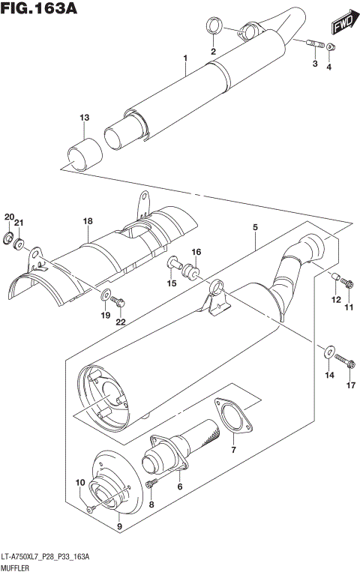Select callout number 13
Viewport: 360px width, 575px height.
pyautogui.click(x=85, y=118)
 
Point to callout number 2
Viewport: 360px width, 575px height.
pyautogui.click(x=213, y=51)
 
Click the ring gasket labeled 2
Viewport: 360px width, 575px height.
pyautogui.click(x=213, y=28)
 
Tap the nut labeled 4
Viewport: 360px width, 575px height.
pyautogui.click(x=332, y=49)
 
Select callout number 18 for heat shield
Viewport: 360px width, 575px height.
pyautogui.click(x=88, y=221)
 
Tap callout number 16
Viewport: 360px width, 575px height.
pyautogui.click(x=196, y=251)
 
